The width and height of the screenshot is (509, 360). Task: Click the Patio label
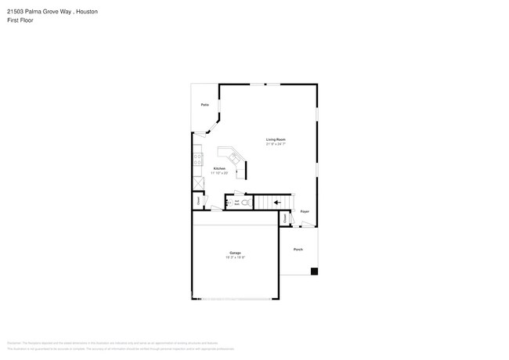point(204,104)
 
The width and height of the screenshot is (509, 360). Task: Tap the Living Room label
point(275,139)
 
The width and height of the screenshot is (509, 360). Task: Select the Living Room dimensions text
point(275,144)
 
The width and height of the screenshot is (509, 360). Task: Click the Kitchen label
point(219,168)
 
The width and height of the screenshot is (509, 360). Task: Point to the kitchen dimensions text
point(219,173)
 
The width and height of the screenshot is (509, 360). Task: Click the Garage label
point(235,253)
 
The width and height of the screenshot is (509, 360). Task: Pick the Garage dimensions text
point(235,257)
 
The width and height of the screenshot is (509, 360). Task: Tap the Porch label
point(298,249)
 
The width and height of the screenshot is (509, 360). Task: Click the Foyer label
point(305,211)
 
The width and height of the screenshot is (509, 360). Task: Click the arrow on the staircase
point(277,203)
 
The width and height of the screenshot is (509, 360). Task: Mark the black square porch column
point(314,272)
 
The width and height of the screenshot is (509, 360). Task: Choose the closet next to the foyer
point(284,219)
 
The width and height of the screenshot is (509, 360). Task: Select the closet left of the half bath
point(199,201)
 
